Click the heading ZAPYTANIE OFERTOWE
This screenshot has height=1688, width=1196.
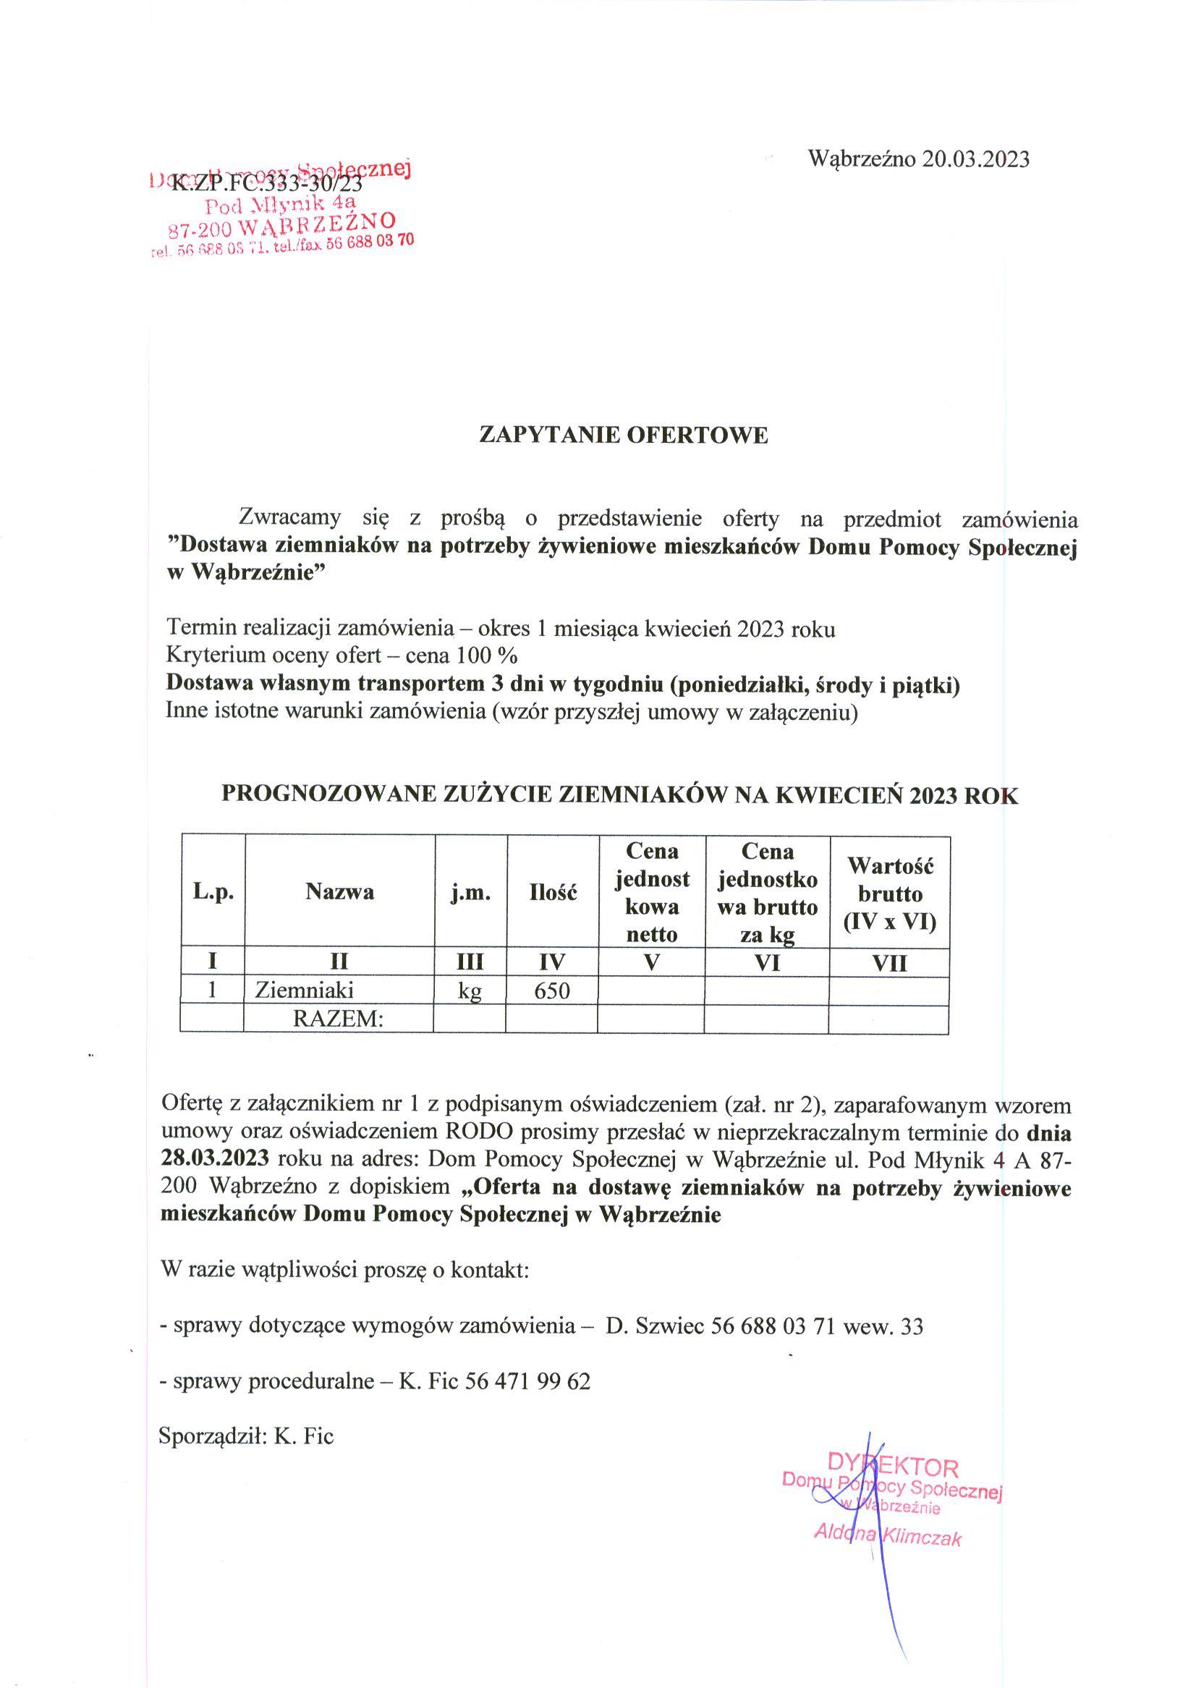[x=623, y=436]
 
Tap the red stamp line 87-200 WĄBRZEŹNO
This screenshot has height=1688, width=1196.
[x=282, y=224]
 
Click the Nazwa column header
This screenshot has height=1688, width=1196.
[x=339, y=892]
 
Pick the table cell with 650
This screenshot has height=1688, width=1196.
[x=551, y=991]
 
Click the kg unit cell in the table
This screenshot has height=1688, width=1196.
[x=470, y=991]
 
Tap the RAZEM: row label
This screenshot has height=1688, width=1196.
[x=339, y=1019]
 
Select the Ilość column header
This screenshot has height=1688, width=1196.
[x=552, y=892]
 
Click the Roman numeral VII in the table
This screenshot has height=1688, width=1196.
[x=889, y=962]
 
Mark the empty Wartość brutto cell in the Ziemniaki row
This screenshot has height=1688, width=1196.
[x=889, y=991]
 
